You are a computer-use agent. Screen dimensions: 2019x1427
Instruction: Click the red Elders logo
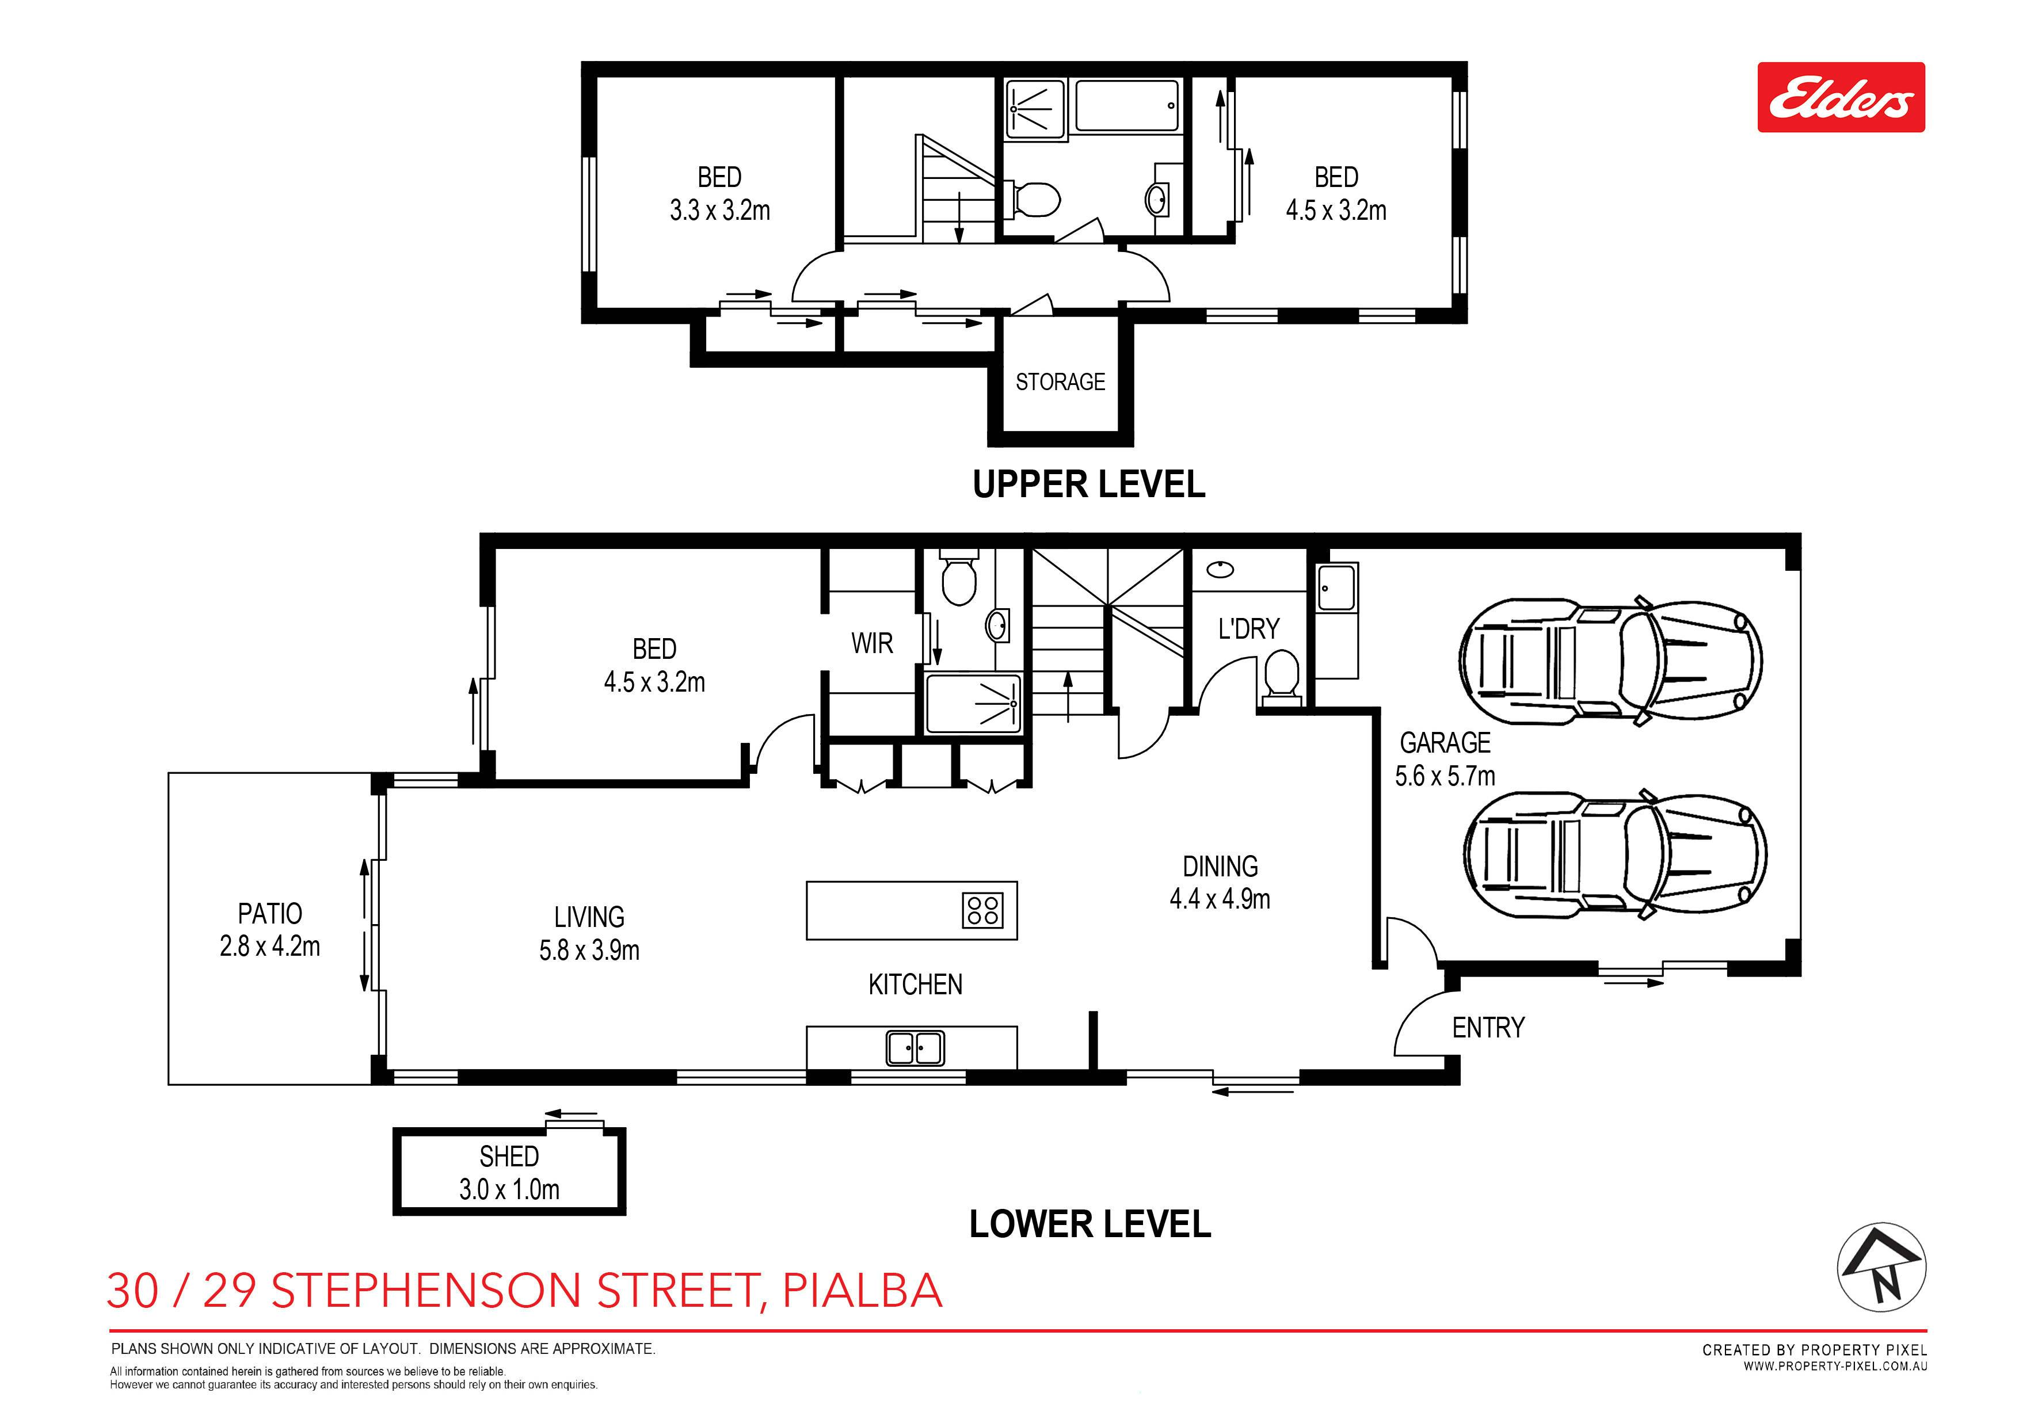1841,98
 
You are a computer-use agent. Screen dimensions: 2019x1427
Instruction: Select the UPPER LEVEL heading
1089,484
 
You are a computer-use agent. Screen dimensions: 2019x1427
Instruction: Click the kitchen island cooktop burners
981,910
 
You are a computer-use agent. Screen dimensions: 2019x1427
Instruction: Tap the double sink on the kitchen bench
915,1048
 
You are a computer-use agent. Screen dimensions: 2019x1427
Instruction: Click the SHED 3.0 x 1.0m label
509,1172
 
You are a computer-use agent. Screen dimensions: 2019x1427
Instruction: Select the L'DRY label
1249,629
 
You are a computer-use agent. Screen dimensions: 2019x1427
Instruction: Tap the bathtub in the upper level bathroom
1127,106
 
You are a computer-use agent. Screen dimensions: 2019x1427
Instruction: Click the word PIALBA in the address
863,1290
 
